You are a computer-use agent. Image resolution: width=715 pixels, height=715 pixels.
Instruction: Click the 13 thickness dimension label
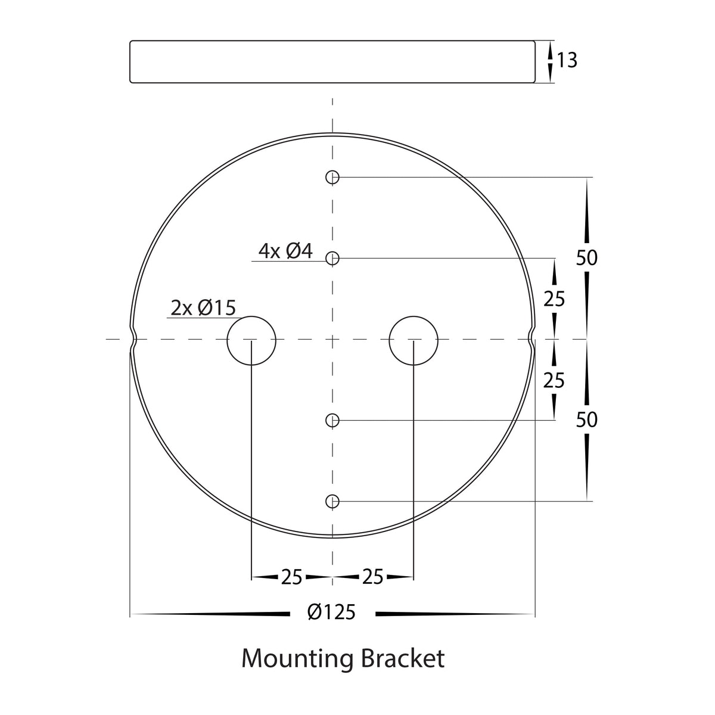tap(567, 61)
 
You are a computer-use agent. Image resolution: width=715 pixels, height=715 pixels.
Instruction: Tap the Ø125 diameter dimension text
tap(331, 613)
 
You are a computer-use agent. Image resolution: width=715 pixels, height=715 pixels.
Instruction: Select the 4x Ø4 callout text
tap(285, 251)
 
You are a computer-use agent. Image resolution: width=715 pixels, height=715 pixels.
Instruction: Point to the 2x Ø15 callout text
tap(203, 308)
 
